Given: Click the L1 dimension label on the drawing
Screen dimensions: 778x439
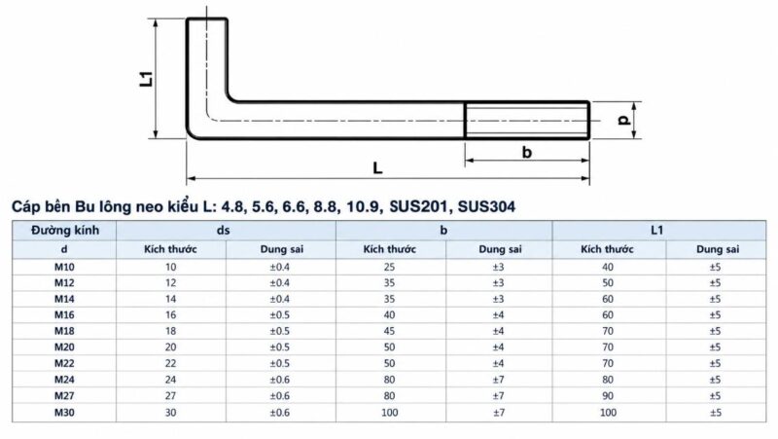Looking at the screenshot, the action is tap(147, 79).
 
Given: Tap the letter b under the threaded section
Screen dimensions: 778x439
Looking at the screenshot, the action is tap(527, 152).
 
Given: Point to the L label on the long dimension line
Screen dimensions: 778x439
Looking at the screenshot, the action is tap(377, 167).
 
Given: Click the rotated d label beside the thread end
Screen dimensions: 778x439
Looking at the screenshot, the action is tap(624, 120).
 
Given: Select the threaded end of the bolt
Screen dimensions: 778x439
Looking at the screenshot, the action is tap(527, 120).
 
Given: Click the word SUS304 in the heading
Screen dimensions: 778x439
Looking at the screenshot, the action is tap(486, 206).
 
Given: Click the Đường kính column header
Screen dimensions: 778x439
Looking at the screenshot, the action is tap(65, 231).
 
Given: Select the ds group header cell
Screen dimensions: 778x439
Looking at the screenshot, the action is tap(224, 231).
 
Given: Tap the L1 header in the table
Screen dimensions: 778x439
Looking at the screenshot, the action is tap(657, 231).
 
